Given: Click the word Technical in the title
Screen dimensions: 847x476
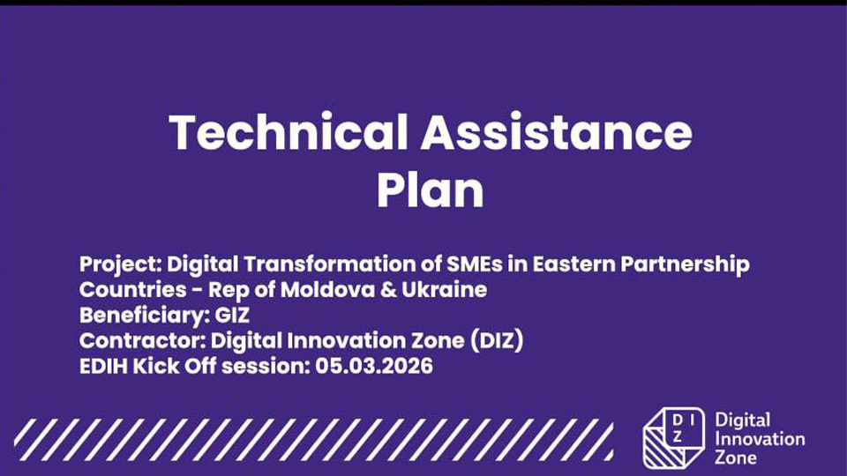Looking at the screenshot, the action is pos(289,131).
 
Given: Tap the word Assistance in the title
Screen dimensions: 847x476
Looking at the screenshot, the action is pos(557,131).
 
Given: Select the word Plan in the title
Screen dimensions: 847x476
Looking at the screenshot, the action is pos(430,190).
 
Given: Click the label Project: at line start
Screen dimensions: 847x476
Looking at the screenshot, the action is pos(121,264).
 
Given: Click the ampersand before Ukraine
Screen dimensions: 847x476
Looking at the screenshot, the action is pos(388,290).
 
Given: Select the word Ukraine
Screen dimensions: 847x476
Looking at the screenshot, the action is pos(444,290).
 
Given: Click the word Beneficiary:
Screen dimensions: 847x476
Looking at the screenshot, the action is pos(144,316).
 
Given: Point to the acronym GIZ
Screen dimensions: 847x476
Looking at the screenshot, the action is pos(232,316).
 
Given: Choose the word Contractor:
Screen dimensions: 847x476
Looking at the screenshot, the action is pos(142,340).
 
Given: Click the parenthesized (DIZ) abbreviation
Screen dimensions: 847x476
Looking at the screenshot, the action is pos(497,340).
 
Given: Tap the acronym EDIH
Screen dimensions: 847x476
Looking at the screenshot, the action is pos(103,366).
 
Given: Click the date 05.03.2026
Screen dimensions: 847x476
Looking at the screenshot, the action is pos(374,366).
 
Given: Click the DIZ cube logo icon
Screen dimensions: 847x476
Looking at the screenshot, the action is pos(674,438).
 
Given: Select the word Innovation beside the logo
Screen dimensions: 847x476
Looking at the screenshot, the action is pos(760,439).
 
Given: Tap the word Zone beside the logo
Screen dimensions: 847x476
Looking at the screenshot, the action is pos(735,457).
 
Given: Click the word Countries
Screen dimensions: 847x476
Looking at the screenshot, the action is pos(133,290).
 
